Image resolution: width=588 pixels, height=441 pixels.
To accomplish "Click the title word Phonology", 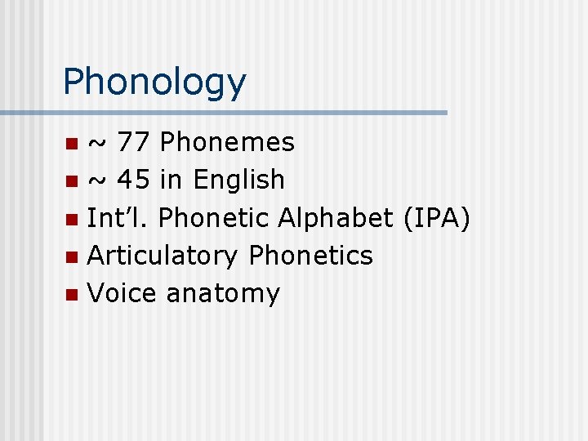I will tap(154, 82).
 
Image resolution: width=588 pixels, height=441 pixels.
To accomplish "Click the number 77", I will tap(134, 142).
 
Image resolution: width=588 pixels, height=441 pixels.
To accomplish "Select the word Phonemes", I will tap(227, 142).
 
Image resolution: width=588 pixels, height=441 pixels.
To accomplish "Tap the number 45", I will tap(134, 180).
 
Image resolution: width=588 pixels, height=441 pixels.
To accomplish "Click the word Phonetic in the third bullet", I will tap(214, 217).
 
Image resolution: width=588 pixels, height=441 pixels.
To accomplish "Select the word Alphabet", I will tap(336, 217).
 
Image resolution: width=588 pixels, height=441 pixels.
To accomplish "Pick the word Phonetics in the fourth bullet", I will tap(311, 256).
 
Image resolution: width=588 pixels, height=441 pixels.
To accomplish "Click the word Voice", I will tap(122, 293).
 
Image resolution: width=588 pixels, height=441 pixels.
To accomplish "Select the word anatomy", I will tap(222, 294).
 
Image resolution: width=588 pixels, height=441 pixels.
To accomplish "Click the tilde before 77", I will tap(96, 145).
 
